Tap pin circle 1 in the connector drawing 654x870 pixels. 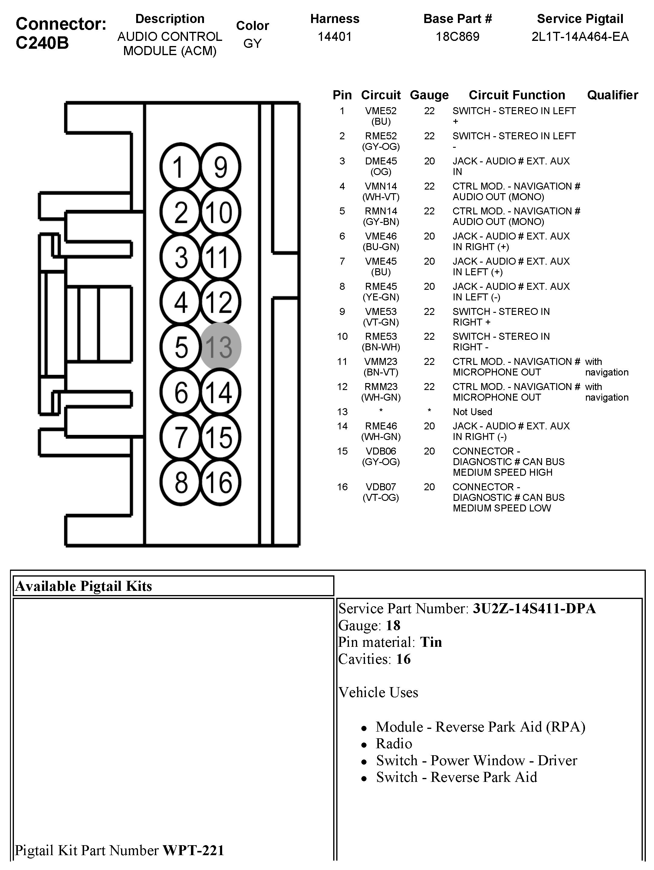(180, 167)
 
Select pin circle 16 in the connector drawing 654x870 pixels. (220, 482)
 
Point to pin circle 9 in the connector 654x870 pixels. (220, 167)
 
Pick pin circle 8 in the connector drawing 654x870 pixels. (180, 482)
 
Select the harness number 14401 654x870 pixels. (334, 37)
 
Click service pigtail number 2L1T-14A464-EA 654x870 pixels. (580, 37)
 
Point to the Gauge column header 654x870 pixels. (429, 95)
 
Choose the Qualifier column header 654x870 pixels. (612, 95)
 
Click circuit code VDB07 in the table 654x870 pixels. (380, 487)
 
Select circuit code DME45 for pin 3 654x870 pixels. (380, 161)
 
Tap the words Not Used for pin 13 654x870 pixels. (472, 412)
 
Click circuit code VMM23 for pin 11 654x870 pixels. (380, 362)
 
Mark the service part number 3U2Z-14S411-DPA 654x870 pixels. (534, 608)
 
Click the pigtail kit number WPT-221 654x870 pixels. (193, 850)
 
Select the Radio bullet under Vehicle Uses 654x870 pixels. (394, 744)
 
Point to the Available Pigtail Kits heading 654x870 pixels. (83, 586)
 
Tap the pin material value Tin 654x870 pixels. (431, 642)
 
